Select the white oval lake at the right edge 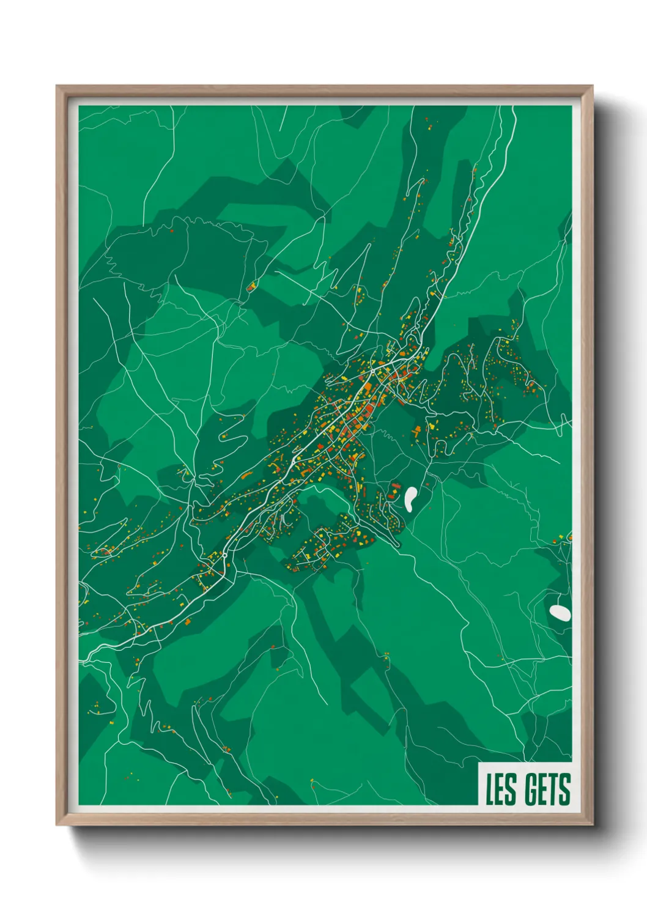point(560,612)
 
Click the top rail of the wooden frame point(324,90)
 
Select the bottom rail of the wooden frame point(324,819)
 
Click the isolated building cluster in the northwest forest point(251,286)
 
